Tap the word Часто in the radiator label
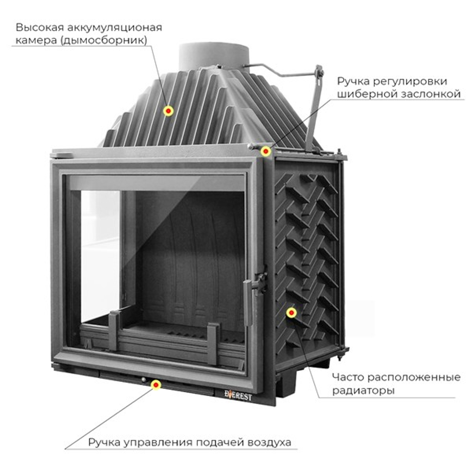(348, 378)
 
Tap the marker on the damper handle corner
(266, 151)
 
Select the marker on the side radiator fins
(291, 312)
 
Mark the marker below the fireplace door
(155, 385)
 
